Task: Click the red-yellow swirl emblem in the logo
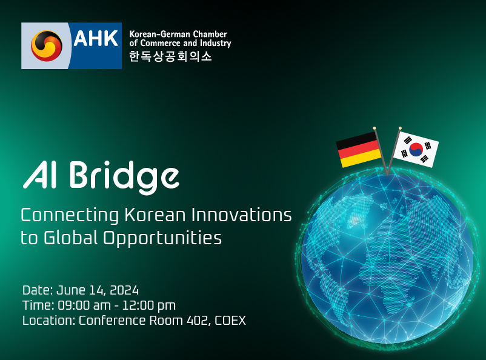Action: click(47, 46)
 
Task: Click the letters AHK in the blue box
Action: click(96, 38)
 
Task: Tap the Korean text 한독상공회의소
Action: click(170, 56)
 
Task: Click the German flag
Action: click(359, 150)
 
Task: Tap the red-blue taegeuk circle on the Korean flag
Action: click(416, 150)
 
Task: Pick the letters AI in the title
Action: click(39, 175)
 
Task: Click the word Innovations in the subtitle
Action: click(241, 215)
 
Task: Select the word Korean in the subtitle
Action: click(155, 215)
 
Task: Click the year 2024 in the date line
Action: click(124, 290)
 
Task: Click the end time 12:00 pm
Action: click(149, 306)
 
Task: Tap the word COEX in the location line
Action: click(230, 321)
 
